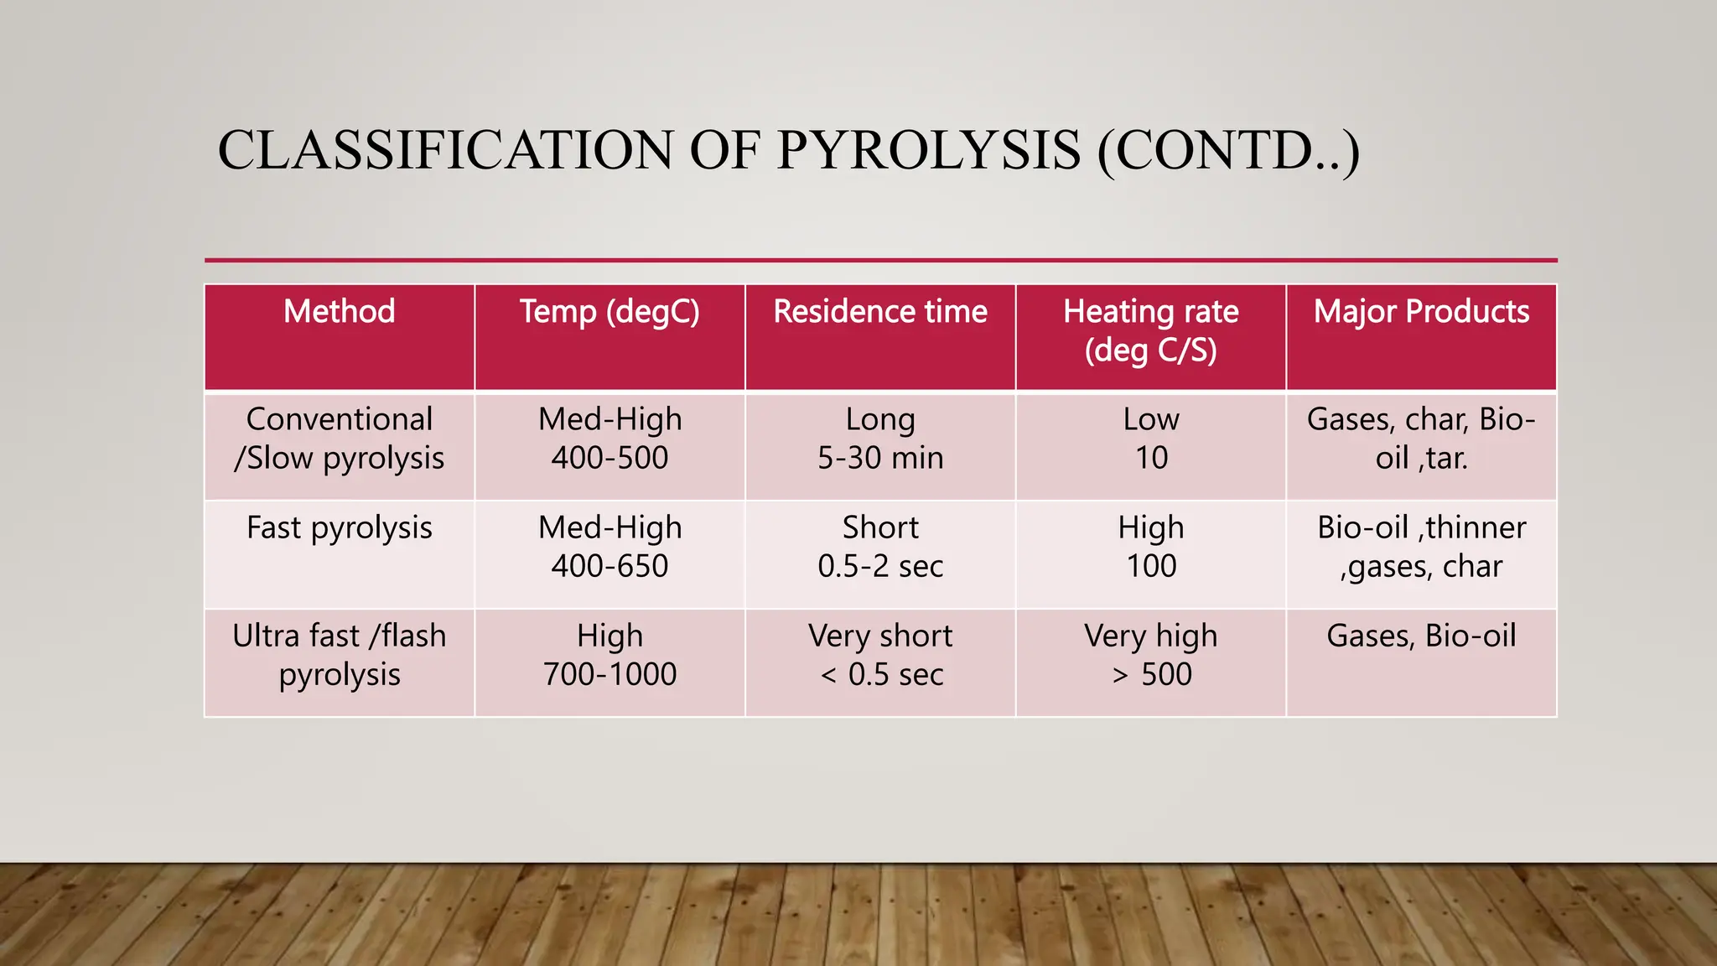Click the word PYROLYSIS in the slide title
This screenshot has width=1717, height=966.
(x=928, y=151)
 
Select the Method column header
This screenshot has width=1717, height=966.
(x=339, y=312)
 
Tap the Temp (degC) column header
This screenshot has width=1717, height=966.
(x=610, y=312)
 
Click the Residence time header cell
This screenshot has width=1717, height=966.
(x=880, y=312)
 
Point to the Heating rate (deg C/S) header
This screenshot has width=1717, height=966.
(x=1150, y=330)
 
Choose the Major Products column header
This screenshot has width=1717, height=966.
(x=1421, y=312)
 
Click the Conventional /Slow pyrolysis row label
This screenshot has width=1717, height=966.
(x=339, y=439)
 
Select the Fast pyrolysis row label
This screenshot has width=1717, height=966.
(x=339, y=528)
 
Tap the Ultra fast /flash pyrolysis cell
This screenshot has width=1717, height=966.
(x=339, y=655)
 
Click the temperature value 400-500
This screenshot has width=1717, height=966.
(x=610, y=458)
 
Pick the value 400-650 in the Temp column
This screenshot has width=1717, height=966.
(x=610, y=566)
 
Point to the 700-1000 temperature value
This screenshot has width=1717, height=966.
(x=610, y=674)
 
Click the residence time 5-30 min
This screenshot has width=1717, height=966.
(x=880, y=458)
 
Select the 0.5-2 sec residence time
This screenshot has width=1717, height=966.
(x=880, y=566)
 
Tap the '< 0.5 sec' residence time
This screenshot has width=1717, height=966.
(x=880, y=674)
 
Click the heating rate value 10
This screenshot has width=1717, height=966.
(x=1151, y=458)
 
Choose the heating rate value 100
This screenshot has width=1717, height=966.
(x=1151, y=566)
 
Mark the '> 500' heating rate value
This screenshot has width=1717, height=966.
(x=1151, y=674)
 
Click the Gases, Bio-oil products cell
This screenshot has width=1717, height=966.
(x=1421, y=636)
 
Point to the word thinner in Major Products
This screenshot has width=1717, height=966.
(x=1476, y=528)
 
